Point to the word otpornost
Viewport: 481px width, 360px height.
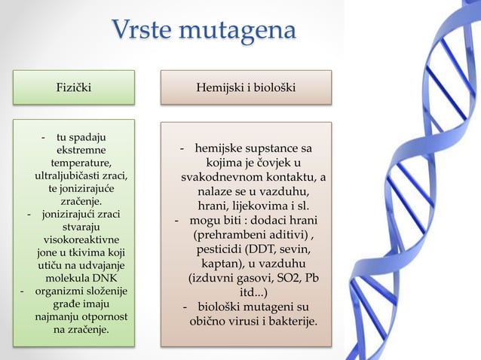pos(101,317)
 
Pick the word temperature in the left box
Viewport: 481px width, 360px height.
pos(81,163)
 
